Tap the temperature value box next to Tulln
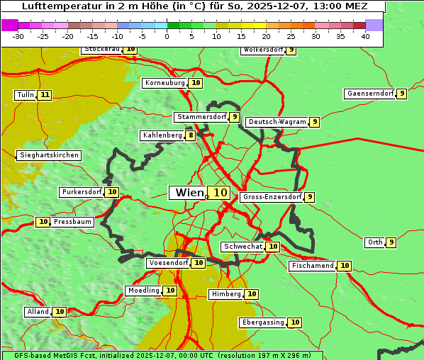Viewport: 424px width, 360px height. click(45, 95)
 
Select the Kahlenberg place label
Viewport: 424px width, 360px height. click(162, 135)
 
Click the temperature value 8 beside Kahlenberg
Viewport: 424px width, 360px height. click(191, 135)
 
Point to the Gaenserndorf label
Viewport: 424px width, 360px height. click(369, 94)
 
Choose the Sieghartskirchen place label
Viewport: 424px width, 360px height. click(48, 155)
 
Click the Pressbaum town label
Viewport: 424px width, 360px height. click(73, 222)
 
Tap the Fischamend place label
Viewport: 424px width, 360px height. click(312, 266)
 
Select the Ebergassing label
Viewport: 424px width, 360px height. click(263, 322)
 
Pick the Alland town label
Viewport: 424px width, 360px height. click(38, 312)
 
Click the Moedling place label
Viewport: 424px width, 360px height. click(143, 291)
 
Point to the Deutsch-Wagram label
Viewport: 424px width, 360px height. click(277, 122)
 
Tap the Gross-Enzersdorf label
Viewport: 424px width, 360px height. click(272, 197)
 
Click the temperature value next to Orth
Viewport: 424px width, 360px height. click(391, 242)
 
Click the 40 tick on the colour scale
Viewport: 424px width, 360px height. click(366, 36)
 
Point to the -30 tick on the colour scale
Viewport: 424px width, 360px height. click(18, 36)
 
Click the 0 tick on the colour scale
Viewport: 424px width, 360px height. click(167, 36)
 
